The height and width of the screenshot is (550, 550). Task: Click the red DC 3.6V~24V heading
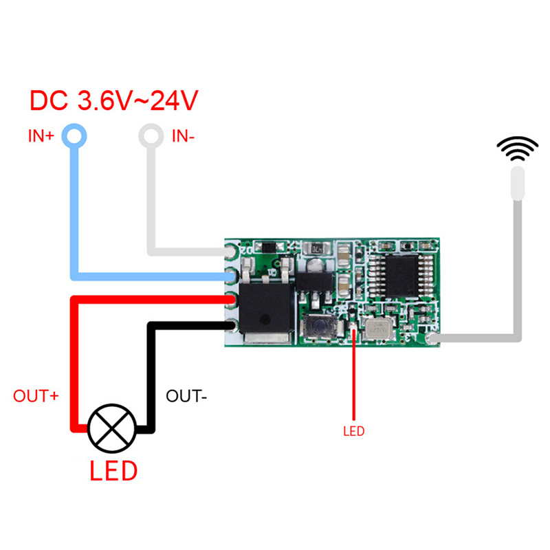coord(114,102)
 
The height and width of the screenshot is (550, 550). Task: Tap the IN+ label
coord(41,135)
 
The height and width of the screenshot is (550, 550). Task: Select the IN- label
coord(183,136)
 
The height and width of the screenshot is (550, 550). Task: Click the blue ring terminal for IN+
coord(75,134)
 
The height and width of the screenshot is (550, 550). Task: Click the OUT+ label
coord(35,397)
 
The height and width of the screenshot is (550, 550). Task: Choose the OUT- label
coord(186,397)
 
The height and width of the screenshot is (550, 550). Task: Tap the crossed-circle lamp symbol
coord(113,427)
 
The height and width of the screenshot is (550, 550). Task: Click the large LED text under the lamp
coord(113,472)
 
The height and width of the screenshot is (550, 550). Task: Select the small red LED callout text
coord(353,432)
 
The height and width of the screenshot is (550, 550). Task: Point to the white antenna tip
coord(517,182)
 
